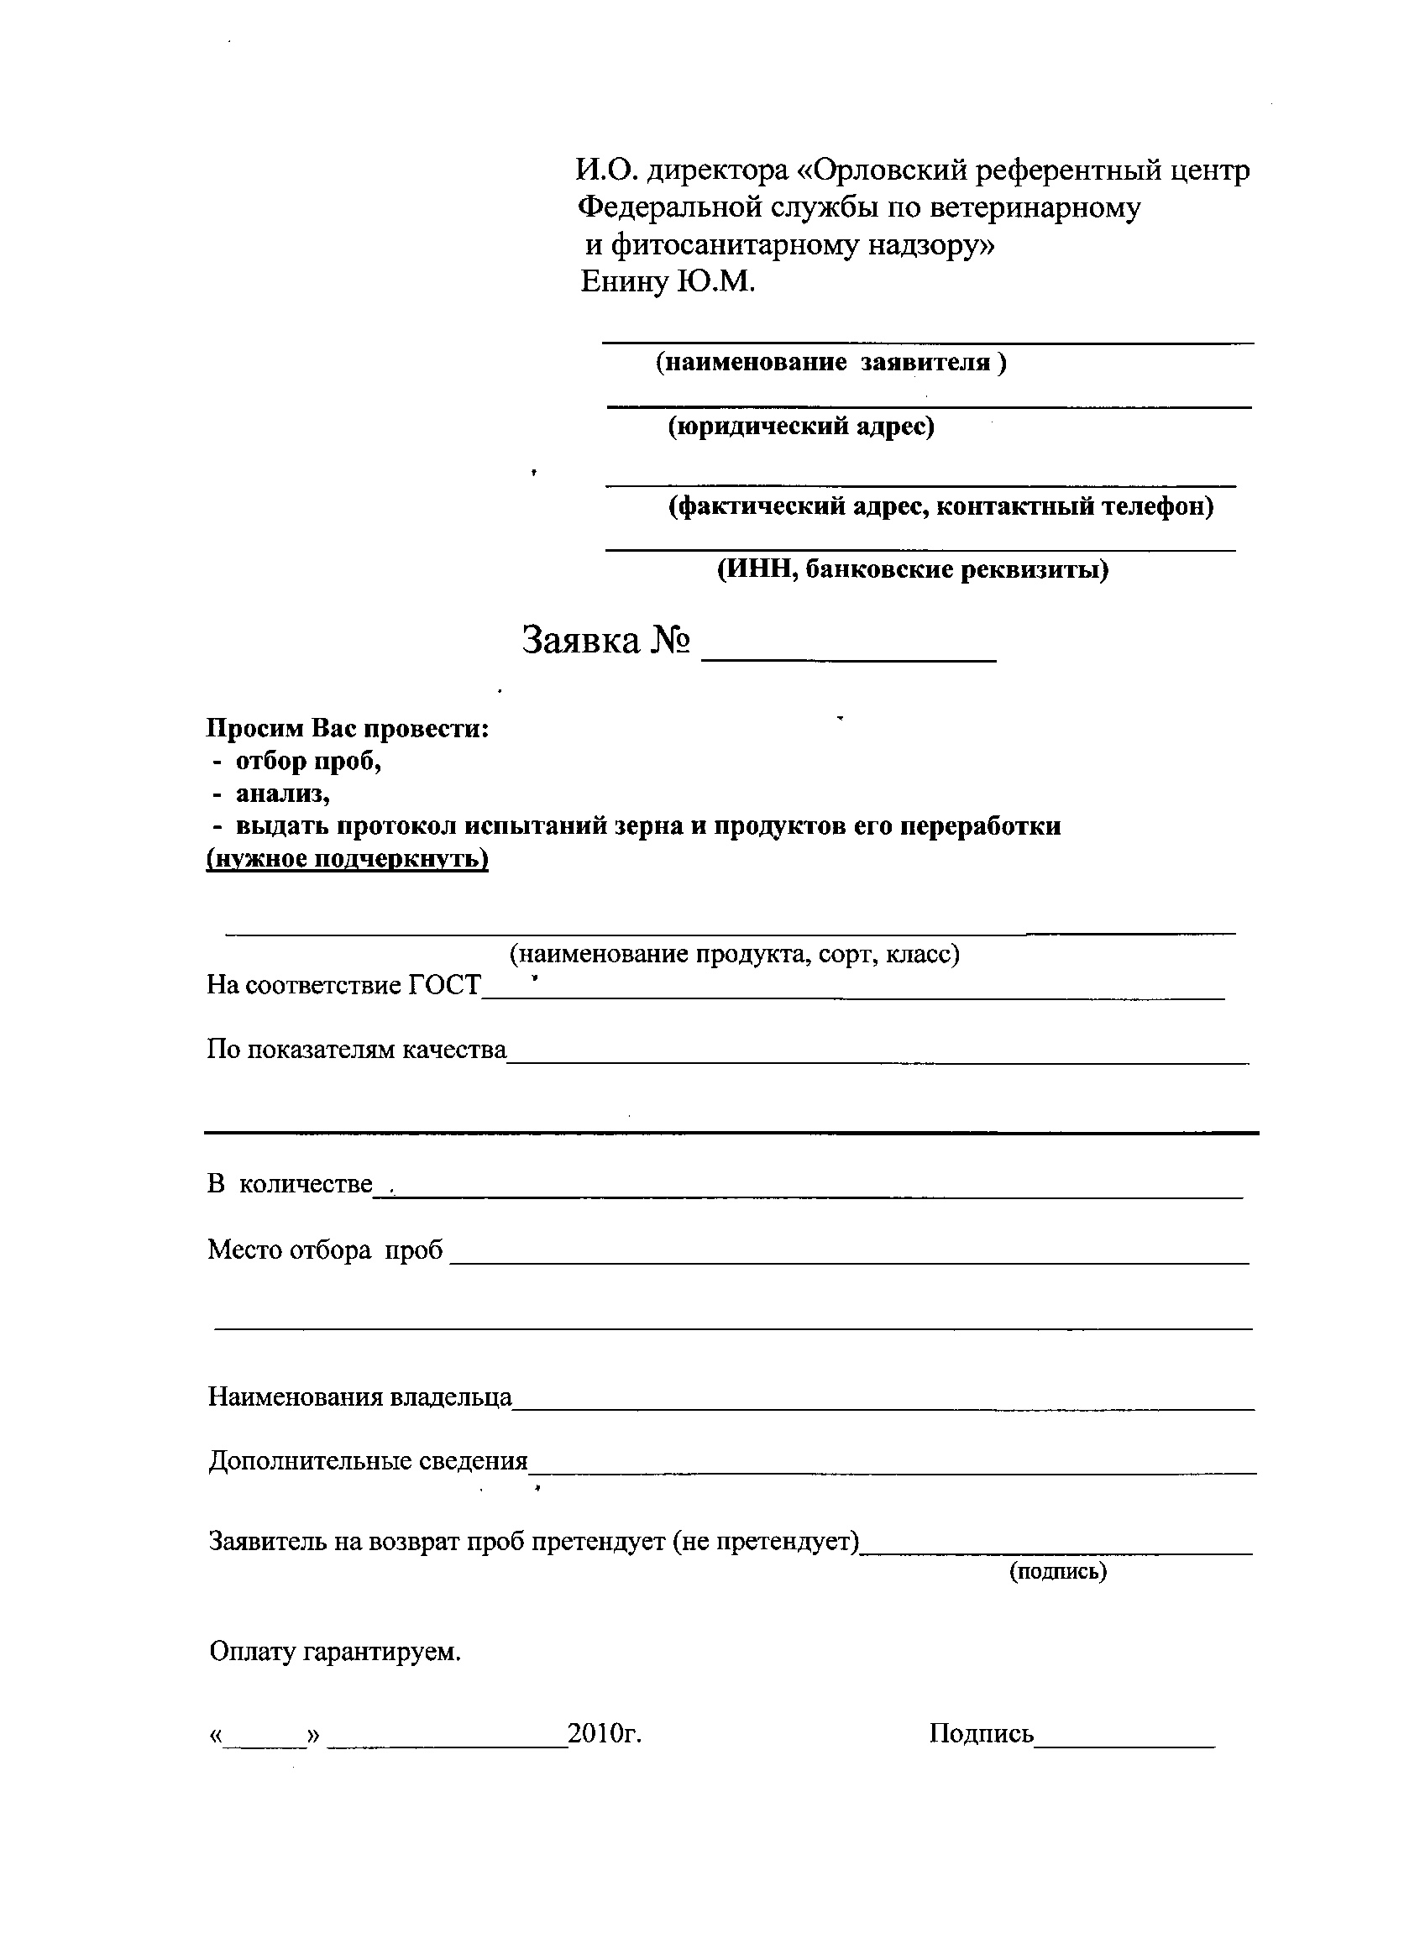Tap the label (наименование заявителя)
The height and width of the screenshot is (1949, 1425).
[830, 362]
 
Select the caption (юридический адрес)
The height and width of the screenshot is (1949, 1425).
[801, 426]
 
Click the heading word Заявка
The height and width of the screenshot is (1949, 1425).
[582, 640]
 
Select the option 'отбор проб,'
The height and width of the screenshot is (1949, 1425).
[308, 762]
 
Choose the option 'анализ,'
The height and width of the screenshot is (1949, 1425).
[283, 794]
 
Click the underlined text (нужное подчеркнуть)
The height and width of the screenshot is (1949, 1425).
[347, 859]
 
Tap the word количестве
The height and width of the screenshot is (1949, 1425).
[306, 1184]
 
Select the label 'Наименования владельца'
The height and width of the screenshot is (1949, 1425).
[359, 1396]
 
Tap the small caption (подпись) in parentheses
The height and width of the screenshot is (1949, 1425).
[1057, 1570]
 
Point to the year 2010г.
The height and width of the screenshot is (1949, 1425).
[605, 1733]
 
